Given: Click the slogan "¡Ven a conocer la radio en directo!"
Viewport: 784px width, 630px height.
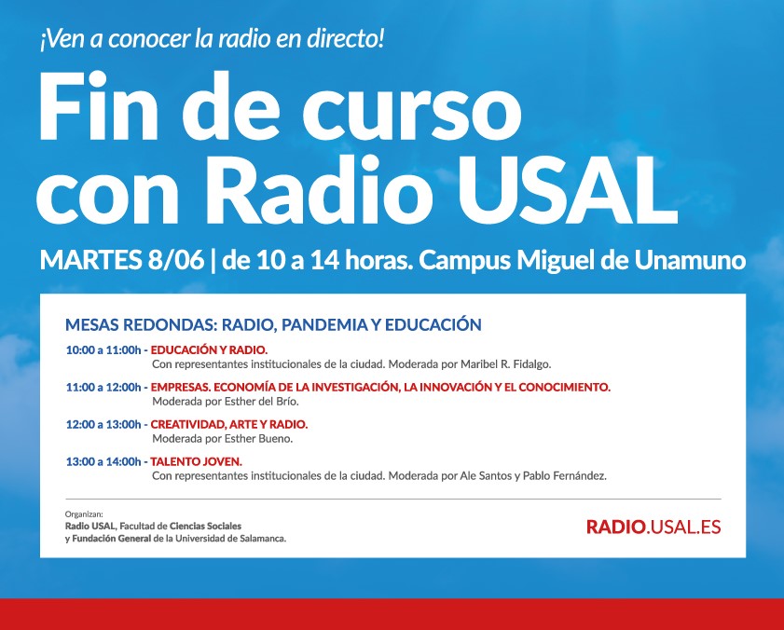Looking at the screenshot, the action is [x=212, y=39].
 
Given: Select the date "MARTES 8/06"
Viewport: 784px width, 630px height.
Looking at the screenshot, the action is [x=122, y=260].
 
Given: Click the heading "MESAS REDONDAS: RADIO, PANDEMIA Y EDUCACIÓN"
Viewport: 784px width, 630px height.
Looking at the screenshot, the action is [x=273, y=324].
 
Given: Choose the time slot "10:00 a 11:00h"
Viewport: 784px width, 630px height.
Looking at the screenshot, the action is [x=103, y=350].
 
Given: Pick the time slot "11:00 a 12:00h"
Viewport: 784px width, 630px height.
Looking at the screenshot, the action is [x=103, y=387].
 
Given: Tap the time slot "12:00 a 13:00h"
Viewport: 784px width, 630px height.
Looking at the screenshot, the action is [x=103, y=424].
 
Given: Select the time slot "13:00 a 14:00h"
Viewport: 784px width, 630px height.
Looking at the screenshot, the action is [x=103, y=461].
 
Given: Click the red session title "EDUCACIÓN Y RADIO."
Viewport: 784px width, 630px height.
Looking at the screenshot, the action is [x=209, y=350].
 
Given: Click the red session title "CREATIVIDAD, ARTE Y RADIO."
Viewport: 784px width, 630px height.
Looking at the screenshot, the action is [x=229, y=424].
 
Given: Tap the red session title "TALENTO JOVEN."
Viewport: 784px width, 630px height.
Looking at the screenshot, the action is [x=196, y=461].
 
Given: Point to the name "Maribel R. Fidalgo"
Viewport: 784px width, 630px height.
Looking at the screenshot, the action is [x=505, y=364].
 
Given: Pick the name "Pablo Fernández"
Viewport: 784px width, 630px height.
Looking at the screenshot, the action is [x=565, y=475].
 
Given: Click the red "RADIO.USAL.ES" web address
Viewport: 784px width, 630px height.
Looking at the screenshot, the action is [x=653, y=527].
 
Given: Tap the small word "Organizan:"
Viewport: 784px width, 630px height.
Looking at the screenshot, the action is [x=84, y=514].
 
